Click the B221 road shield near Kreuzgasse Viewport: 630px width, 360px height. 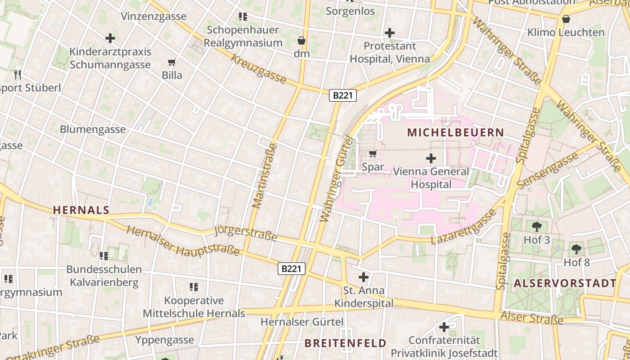click(x=343, y=95)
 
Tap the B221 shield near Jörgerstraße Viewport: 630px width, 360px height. click(x=291, y=269)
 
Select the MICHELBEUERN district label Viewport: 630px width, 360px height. click(x=455, y=133)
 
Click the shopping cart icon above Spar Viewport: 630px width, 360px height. click(x=373, y=154)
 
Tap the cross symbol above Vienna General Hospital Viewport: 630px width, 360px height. click(x=431, y=158)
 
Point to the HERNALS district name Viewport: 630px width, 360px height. click(x=81, y=210)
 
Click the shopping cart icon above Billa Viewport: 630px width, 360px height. click(x=171, y=62)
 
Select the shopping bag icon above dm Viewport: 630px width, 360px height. click(x=301, y=41)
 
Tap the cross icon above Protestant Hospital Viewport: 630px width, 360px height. click(x=390, y=33)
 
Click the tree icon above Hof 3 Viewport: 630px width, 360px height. click(x=536, y=226)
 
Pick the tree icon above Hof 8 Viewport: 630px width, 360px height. click(x=576, y=248)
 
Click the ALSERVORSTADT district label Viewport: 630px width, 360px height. click(x=565, y=283)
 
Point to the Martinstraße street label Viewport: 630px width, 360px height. click(x=265, y=175)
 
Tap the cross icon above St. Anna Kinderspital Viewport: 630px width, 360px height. click(x=364, y=277)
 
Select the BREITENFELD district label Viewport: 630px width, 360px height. click(x=345, y=343)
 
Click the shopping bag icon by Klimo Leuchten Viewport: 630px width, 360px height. click(x=566, y=19)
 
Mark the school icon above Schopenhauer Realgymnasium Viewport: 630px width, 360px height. click(x=243, y=17)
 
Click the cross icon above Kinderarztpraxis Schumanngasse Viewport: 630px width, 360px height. click(x=110, y=38)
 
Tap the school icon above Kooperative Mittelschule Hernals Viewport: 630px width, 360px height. click(x=194, y=287)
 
